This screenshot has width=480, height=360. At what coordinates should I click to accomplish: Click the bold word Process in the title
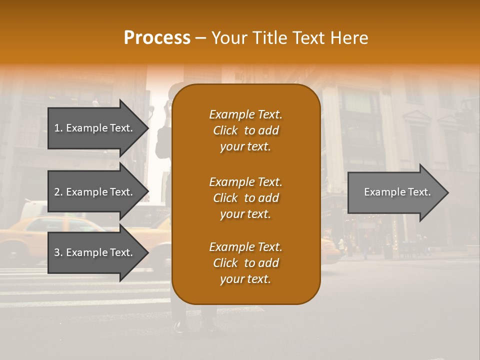pyautogui.click(x=157, y=38)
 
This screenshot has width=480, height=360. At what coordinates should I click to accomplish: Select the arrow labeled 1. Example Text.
pyautogui.click(x=95, y=128)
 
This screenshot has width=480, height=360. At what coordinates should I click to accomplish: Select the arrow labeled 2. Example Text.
pyautogui.click(x=95, y=192)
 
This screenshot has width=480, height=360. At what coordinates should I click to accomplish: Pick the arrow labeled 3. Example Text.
pyautogui.click(x=95, y=252)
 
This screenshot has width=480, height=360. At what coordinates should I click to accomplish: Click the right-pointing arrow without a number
pyautogui.click(x=395, y=192)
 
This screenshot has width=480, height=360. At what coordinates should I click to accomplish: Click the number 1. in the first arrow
pyautogui.click(x=58, y=128)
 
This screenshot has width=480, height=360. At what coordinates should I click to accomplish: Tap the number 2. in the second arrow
pyautogui.click(x=58, y=192)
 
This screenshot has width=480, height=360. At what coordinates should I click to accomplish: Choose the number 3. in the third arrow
pyautogui.click(x=58, y=252)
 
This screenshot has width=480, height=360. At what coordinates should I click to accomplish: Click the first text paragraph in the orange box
pyautogui.click(x=245, y=130)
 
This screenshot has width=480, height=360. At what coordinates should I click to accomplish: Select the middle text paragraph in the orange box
pyautogui.click(x=245, y=198)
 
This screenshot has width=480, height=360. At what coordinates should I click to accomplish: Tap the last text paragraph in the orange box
pyautogui.click(x=245, y=263)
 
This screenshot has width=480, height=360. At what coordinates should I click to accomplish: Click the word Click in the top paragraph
pyautogui.click(x=225, y=130)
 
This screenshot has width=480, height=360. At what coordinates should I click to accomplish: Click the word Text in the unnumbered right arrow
pyautogui.click(x=419, y=192)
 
